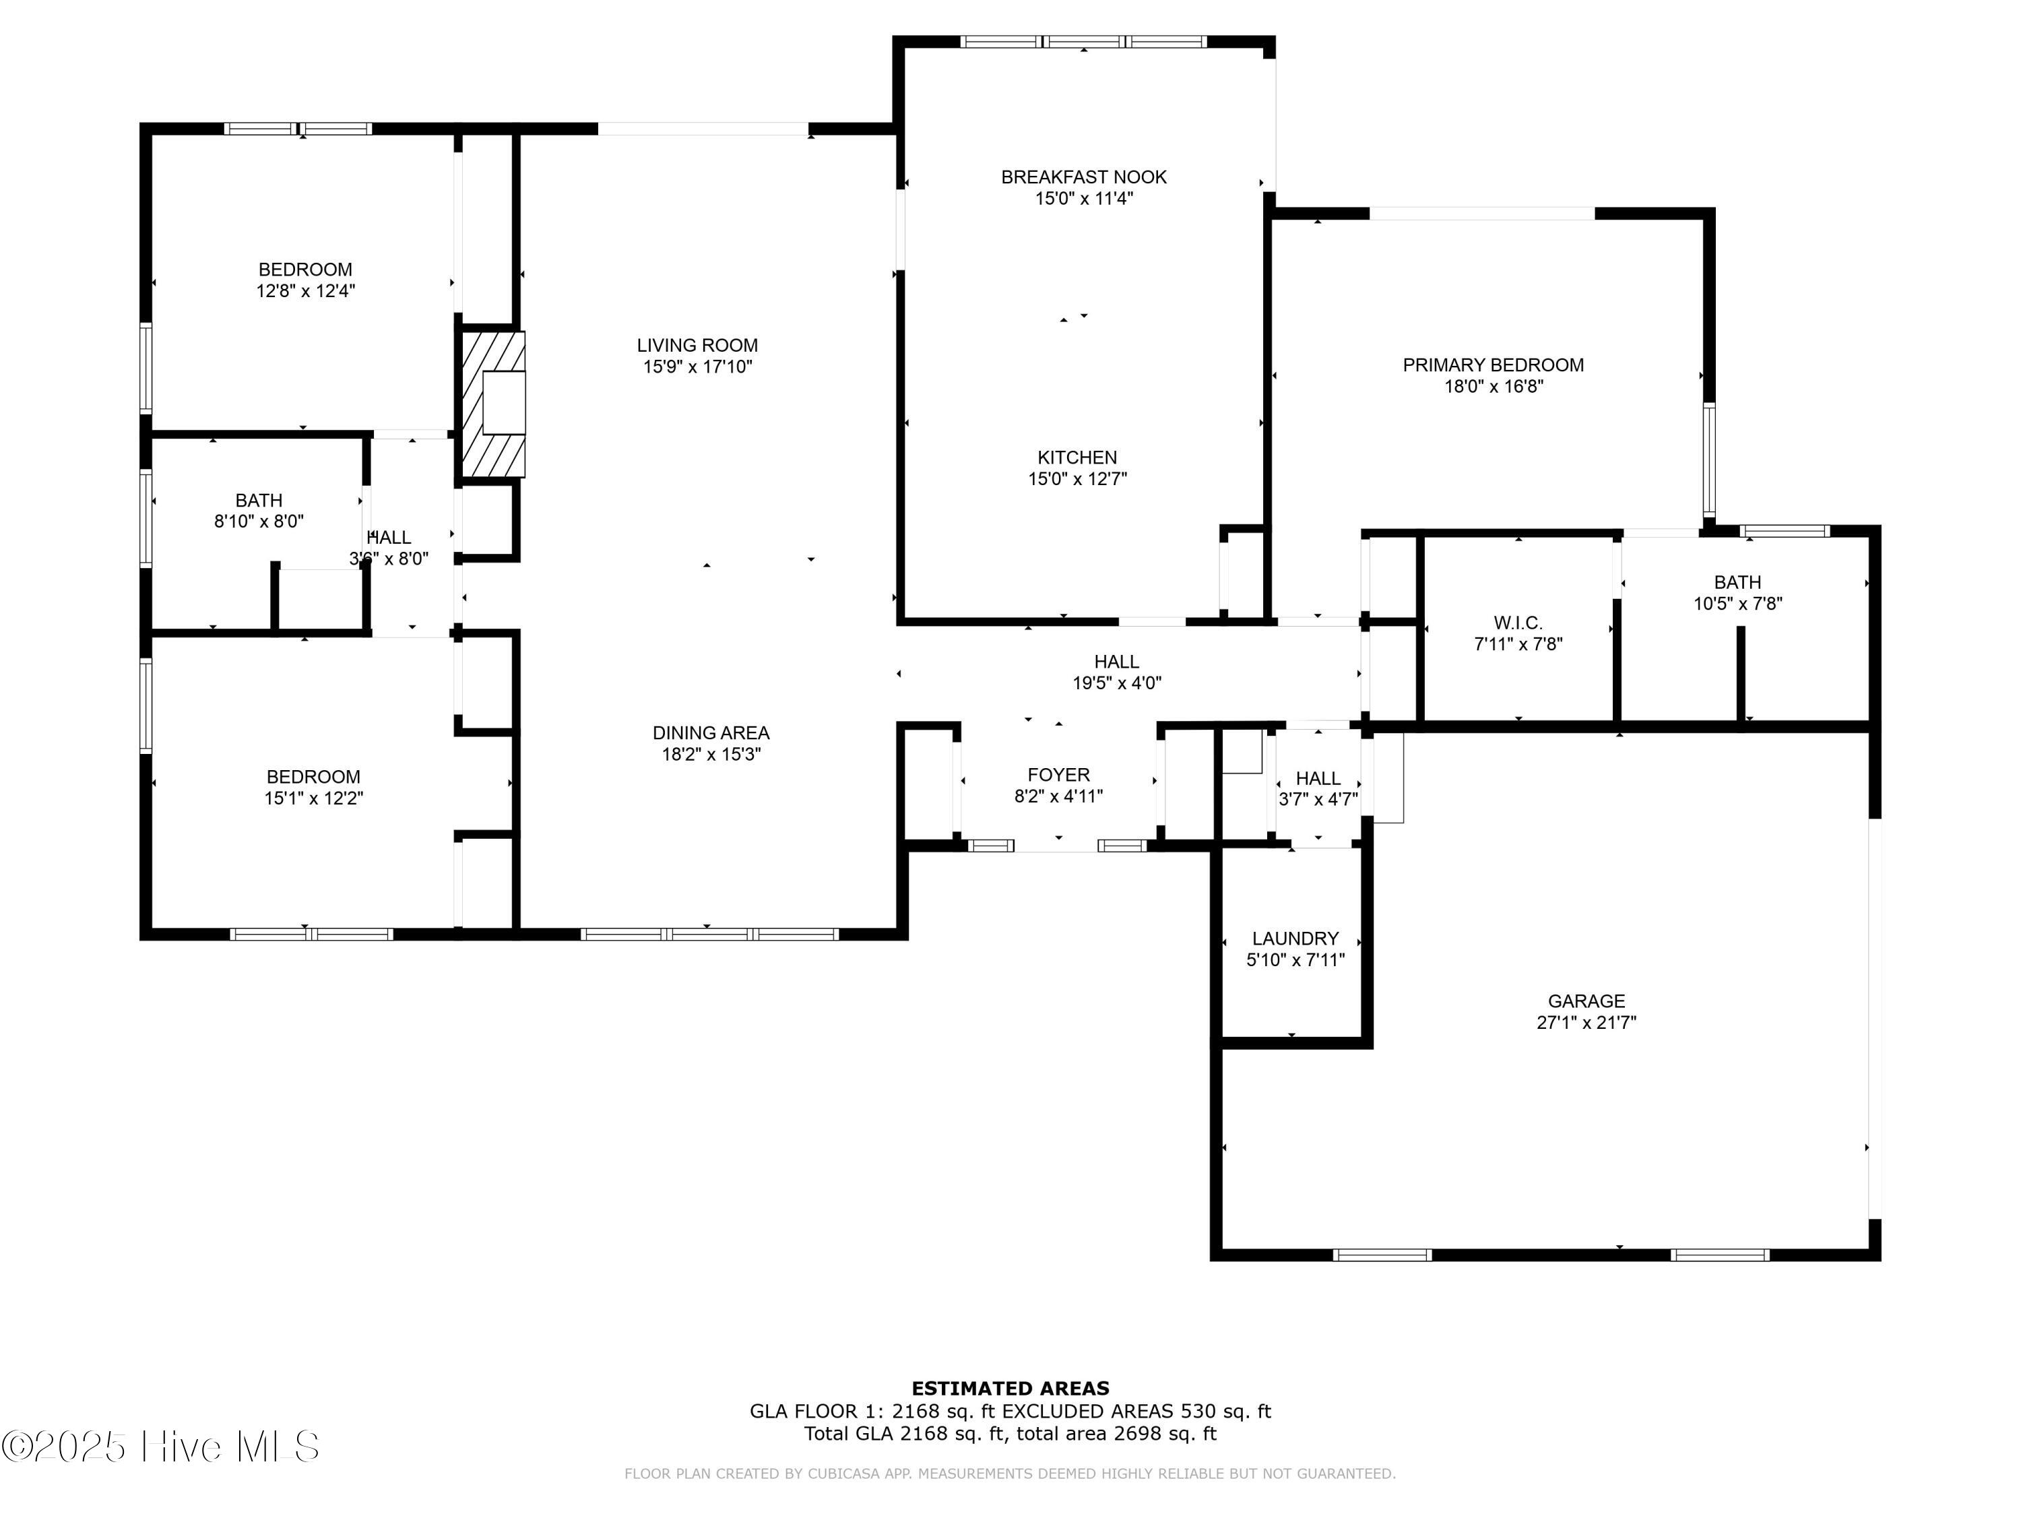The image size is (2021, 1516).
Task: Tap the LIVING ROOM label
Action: tap(697, 346)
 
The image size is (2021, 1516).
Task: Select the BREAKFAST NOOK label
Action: tap(1083, 177)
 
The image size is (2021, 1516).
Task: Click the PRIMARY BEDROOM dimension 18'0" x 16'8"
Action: tap(1493, 387)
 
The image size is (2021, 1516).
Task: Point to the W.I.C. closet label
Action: tap(1518, 623)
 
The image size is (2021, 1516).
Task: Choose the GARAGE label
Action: tap(1586, 1001)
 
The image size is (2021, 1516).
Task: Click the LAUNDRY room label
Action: tap(1295, 939)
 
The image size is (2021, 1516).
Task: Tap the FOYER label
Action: tap(1058, 775)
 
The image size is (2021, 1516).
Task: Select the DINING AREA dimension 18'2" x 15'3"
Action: tap(711, 755)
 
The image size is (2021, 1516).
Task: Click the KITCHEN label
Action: tap(1077, 457)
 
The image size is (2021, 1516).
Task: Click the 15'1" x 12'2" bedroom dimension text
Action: tap(313, 798)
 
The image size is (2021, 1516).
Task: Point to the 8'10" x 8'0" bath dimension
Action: tap(259, 522)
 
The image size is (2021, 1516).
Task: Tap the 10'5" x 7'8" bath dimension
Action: tap(1737, 604)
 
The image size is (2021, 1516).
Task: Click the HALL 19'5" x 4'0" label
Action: tap(1116, 672)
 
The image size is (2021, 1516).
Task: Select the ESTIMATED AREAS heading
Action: tap(1010, 1389)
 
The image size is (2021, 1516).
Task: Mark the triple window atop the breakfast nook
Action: tap(1083, 41)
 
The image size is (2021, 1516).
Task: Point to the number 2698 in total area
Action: tap(1133, 1433)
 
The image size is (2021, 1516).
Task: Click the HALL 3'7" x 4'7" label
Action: tap(1318, 788)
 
